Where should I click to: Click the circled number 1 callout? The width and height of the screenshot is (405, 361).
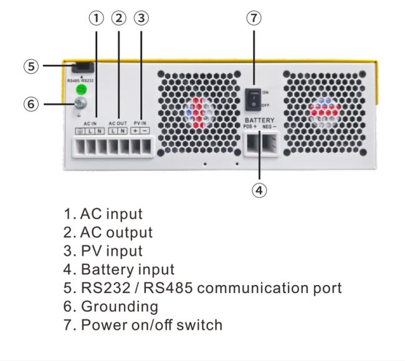pos(97,18)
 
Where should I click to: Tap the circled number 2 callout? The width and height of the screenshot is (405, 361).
pos(120,18)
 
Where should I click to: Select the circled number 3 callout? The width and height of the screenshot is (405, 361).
pos(143,18)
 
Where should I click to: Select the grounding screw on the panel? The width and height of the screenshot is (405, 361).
pos(80,105)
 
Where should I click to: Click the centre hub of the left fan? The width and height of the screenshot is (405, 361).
pos(198,111)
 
